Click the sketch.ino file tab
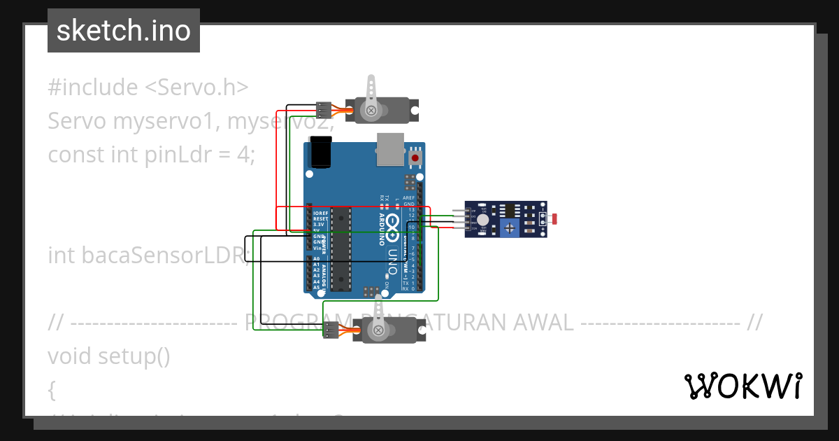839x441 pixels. point(124,31)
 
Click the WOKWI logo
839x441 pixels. point(742,386)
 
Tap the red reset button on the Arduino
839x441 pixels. point(416,158)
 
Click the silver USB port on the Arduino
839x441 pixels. point(390,149)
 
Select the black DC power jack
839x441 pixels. point(321,153)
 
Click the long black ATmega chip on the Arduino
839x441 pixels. point(340,248)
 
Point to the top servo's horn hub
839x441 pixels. point(371,109)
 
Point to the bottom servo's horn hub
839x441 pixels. point(378,330)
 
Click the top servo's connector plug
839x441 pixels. point(323,110)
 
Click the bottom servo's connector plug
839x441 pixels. point(331,331)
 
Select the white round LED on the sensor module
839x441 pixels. point(482,219)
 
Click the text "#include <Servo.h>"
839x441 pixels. point(148,87)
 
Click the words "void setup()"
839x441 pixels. point(109,356)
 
